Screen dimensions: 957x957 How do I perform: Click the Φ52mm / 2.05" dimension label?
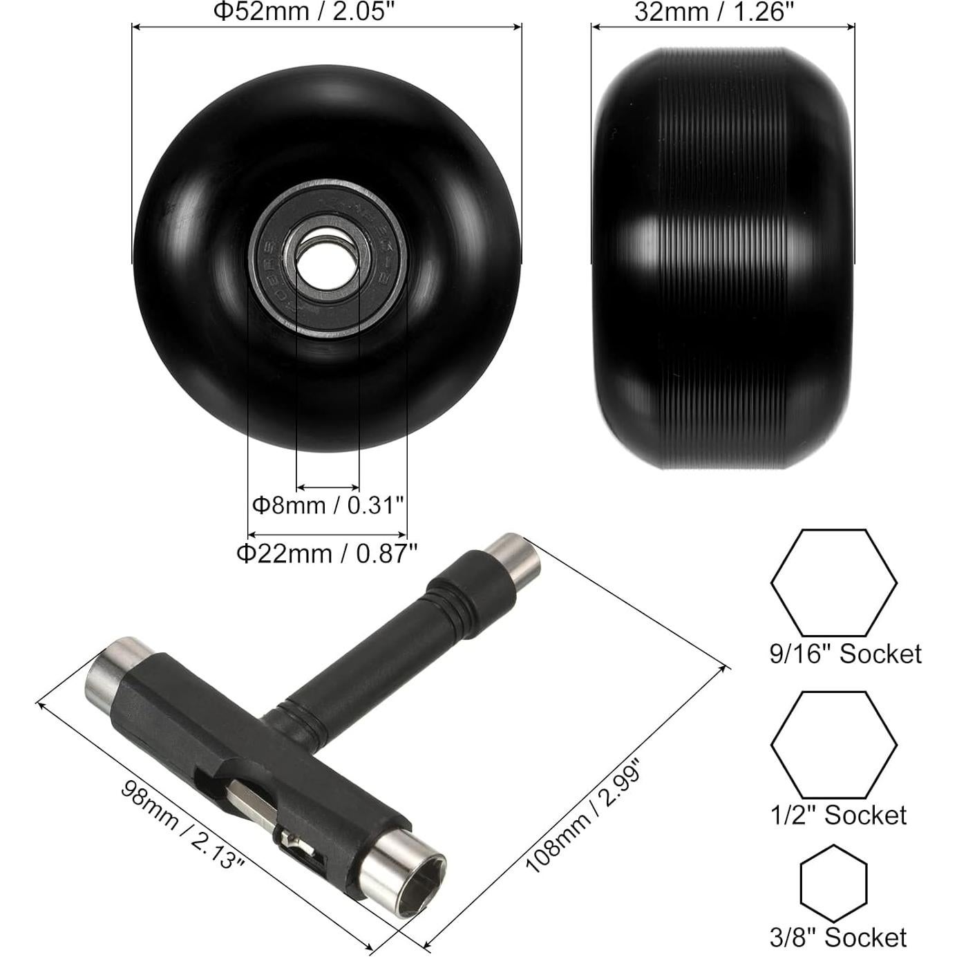pyautogui.click(x=307, y=12)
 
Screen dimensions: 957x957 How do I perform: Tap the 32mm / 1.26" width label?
pyautogui.click(x=714, y=12)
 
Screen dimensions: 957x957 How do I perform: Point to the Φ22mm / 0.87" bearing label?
pyautogui.click(x=327, y=553)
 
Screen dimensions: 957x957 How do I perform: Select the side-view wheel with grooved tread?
pyautogui.click(x=722, y=259)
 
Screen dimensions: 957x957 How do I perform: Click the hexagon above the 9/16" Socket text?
pyautogui.click(x=833, y=582)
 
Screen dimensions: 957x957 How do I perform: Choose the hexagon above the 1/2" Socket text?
pyautogui.click(x=833, y=745)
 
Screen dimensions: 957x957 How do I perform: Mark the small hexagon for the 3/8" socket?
pyautogui.click(x=833, y=883)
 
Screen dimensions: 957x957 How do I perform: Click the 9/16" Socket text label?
pyautogui.click(x=845, y=654)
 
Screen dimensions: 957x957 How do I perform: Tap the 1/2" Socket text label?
pyautogui.click(x=838, y=815)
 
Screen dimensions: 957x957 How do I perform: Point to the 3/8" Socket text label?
pyautogui.click(x=838, y=937)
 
